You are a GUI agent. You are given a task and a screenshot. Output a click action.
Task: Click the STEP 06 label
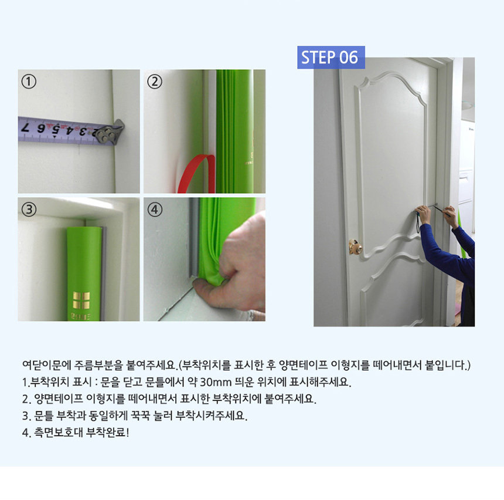point(331,58)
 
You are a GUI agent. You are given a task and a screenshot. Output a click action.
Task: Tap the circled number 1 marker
point(29,82)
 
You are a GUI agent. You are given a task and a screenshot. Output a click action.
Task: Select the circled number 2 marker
point(155,82)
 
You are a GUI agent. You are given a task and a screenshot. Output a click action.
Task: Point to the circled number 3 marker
point(29,210)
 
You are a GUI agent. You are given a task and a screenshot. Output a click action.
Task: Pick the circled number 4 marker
point(155,210)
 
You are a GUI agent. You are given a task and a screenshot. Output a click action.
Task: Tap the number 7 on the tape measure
point(25,127)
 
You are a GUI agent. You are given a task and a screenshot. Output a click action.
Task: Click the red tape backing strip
point(197,174)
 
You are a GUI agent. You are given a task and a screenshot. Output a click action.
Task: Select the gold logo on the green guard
point(81,300)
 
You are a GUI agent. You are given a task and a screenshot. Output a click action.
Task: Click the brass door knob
point(356,246)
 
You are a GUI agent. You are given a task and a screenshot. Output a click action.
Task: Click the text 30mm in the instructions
point(215,382)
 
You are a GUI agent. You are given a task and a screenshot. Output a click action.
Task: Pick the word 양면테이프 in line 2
point(59,398)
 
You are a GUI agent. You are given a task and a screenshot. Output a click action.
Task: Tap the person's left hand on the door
point(423,214)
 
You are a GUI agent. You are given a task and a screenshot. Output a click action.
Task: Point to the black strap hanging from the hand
point(418,222)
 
